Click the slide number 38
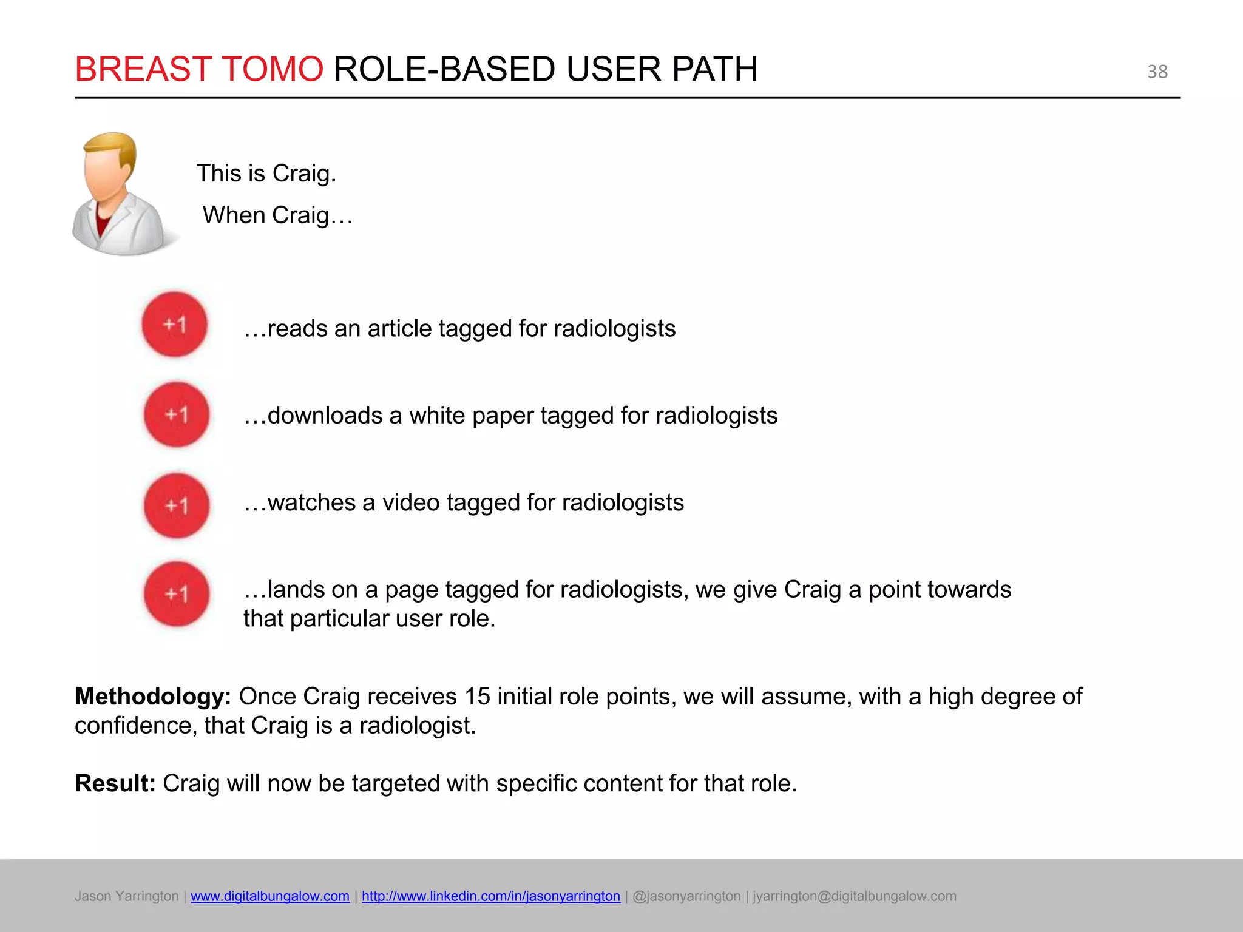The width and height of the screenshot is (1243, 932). tap(1157, 72)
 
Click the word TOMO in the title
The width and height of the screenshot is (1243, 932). tap(273, 69)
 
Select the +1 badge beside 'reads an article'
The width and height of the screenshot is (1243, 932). tap(175, 325)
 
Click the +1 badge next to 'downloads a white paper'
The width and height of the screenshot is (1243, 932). tap(177, 415)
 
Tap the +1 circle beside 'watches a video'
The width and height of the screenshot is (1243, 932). tap(177, 505)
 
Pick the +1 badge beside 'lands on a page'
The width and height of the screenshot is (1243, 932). tap(177, 594)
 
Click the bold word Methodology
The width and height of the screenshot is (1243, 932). tap(152, 697)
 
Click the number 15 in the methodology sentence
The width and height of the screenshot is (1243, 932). tap(477, 697)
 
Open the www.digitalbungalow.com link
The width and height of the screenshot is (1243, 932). tap(270, 896)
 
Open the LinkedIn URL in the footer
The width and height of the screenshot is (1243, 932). tap(491, 896)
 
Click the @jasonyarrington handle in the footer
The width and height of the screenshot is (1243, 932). tap(686, 896)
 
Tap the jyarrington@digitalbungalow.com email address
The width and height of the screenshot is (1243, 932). tap(855, 896)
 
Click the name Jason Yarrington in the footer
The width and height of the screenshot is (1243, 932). tap(126, 896)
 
